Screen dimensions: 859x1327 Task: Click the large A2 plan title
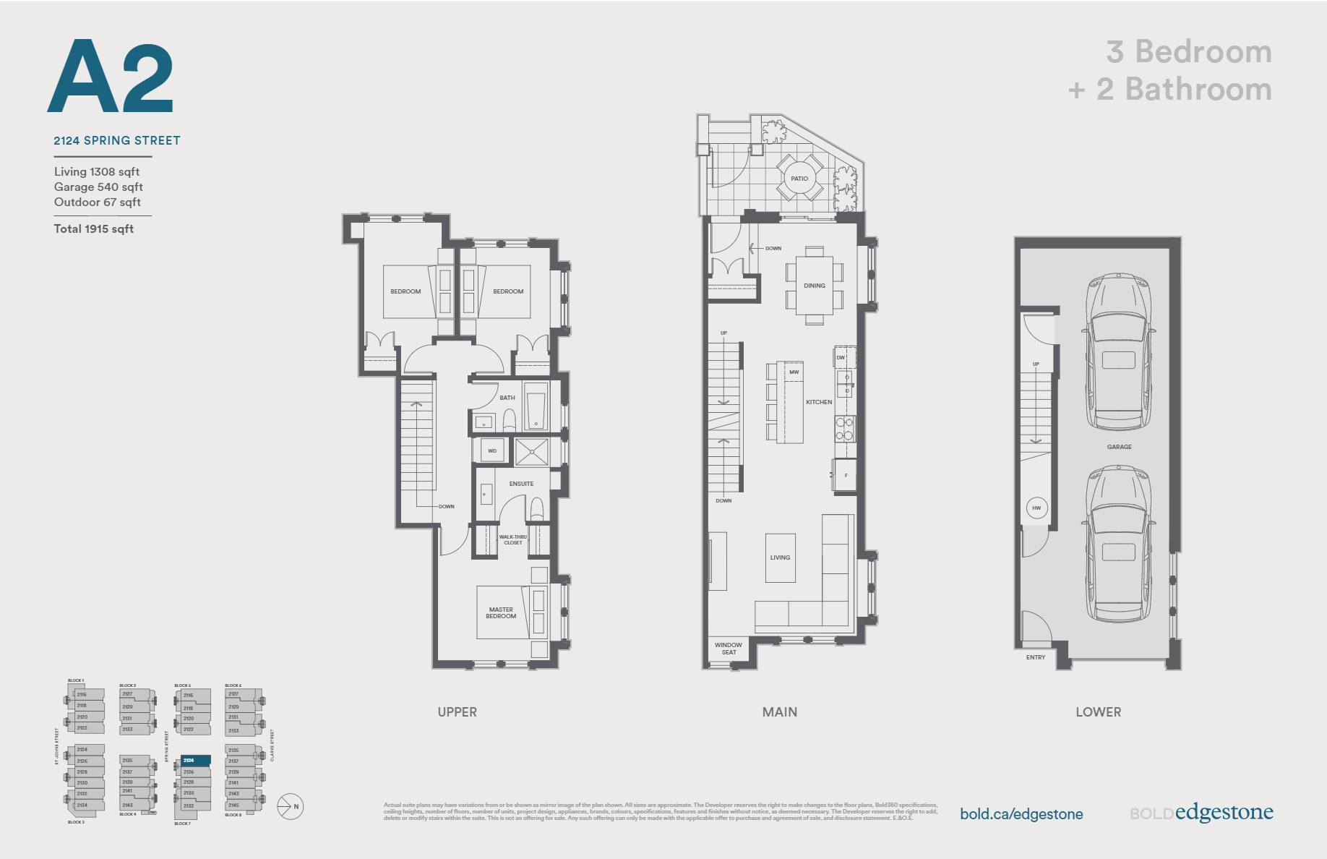pyautogui.click(x=111, y=77)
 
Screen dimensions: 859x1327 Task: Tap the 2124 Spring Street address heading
pyautogui.click(x=117, y=140)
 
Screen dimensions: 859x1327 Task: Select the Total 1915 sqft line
pyautogui.click(x=94, y=228)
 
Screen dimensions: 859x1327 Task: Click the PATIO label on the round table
pyautogui.click(x=799, y=178)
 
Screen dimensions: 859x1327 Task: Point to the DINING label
pyautogui.click(x=815, y=286)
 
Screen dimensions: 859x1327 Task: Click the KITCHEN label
pyautogui.click(x=819, y=402)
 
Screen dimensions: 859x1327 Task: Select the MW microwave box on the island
pyautogui.click(x=794, y=372)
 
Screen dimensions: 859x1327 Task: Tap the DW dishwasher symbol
pyautogui.click(x=841, y=357)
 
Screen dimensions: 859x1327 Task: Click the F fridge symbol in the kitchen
pyautogui.click(x=846, y=476)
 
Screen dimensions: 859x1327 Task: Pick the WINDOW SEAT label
pyautogui.click(x=729, y=649)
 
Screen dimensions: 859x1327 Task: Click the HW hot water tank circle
pyautogui.click(x=1036, y=508)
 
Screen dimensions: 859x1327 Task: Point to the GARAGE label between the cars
pyautogui.click(x=1119, y=447)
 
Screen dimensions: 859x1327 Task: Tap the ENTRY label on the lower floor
pyautogui.click(x=1036, y=657)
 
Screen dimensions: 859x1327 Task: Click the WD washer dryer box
pyautogui.click(x=492, y=450)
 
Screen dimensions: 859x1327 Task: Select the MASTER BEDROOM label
pyautogui.click(x=501, y=613)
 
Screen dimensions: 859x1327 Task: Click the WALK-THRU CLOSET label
pyautogui.click(x=513, y=539)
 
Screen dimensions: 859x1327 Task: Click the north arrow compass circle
pyautogui.click(x=291, y=806)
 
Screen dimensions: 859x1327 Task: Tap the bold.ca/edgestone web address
pyautogui.click(x=1021, y=814)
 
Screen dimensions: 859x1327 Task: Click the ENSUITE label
pyautogui.click(x=521, y=484)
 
